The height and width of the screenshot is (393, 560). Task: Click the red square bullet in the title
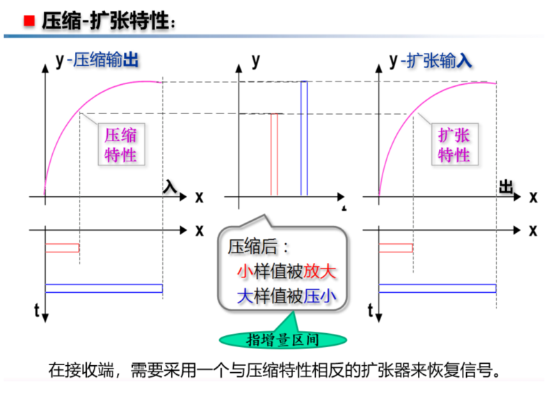[29, 20]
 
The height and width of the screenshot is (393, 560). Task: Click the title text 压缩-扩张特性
[104, 21]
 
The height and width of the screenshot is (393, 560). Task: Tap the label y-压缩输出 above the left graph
[98, 61]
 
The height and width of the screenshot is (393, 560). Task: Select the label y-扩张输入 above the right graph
[431, 61]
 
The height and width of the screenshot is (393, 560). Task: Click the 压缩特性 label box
[120, 145]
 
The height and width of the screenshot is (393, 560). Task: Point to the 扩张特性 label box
[454, 145]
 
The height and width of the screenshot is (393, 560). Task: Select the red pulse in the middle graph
[274, 154]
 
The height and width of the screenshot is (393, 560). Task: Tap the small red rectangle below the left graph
[62, 248]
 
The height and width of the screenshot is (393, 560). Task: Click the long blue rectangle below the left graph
[104, 288]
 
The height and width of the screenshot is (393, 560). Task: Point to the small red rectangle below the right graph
[395, 248]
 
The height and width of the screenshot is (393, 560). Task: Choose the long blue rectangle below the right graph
[437, 288]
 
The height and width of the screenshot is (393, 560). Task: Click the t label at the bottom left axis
[35, 310]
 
